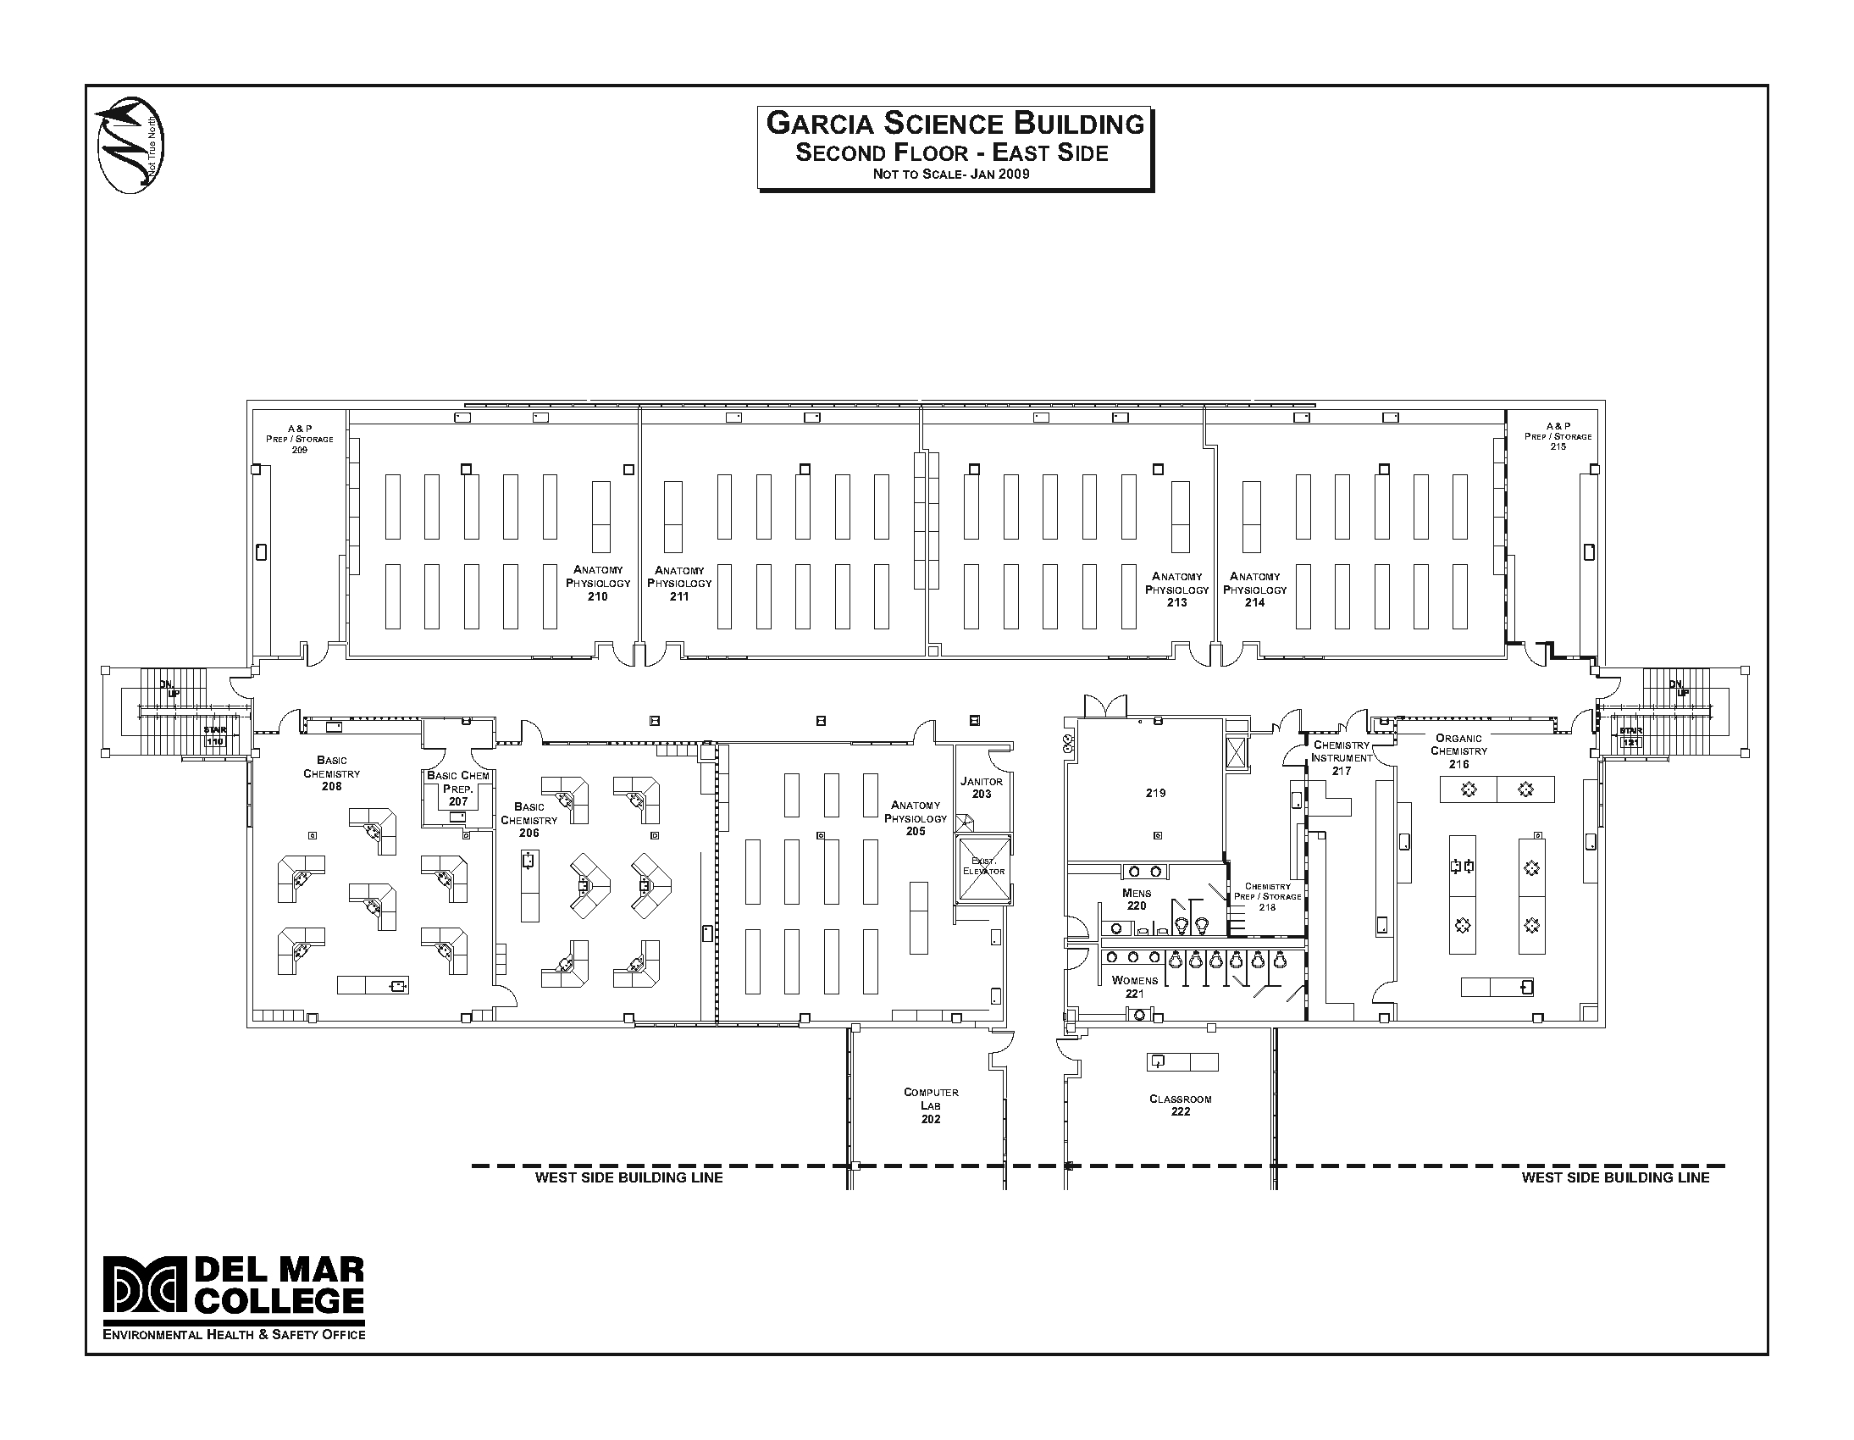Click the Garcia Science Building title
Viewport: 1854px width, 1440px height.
tap(955, 124)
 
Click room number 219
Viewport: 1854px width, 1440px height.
tap(1155, 793)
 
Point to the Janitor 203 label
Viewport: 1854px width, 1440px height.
tap(982, 787)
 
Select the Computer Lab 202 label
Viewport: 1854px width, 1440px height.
tap(932, 1105)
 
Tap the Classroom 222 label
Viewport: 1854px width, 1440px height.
tap(1180, 1105)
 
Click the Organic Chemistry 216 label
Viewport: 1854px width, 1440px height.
tap(1458, 751)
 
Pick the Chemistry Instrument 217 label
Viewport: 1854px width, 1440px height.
tap(1342, 758)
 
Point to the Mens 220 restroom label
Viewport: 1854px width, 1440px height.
tap(1137, 899)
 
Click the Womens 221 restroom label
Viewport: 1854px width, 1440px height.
tap(1135, 987)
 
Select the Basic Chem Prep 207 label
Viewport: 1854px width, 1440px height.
tap(458, 788)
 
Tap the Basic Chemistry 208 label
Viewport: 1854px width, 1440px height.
tap(332, 773)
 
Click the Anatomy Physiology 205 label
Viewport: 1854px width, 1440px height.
tap(915, 818)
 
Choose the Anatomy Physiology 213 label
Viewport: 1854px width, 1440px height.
tap(1176, 590)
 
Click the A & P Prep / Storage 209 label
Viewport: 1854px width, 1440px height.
tap(300, 439)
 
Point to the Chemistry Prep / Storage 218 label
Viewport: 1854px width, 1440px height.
tap(1267, 896)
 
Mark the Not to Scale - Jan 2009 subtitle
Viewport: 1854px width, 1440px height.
tap(951, 174)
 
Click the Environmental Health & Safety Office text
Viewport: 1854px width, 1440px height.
tap(235, 1334)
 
